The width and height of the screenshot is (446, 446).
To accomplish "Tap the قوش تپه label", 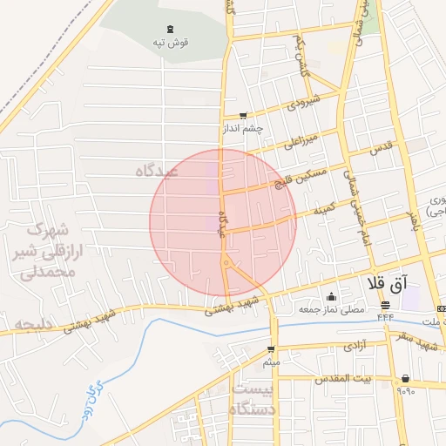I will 170,42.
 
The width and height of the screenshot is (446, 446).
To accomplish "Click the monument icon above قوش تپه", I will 170,29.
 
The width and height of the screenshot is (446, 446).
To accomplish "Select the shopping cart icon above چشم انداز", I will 243,115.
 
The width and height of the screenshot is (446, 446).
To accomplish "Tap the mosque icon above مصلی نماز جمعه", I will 330,295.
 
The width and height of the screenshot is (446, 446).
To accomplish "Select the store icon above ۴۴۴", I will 385,304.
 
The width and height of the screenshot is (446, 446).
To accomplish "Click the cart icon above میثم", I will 272,349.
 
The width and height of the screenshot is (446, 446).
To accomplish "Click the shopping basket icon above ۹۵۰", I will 406,378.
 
